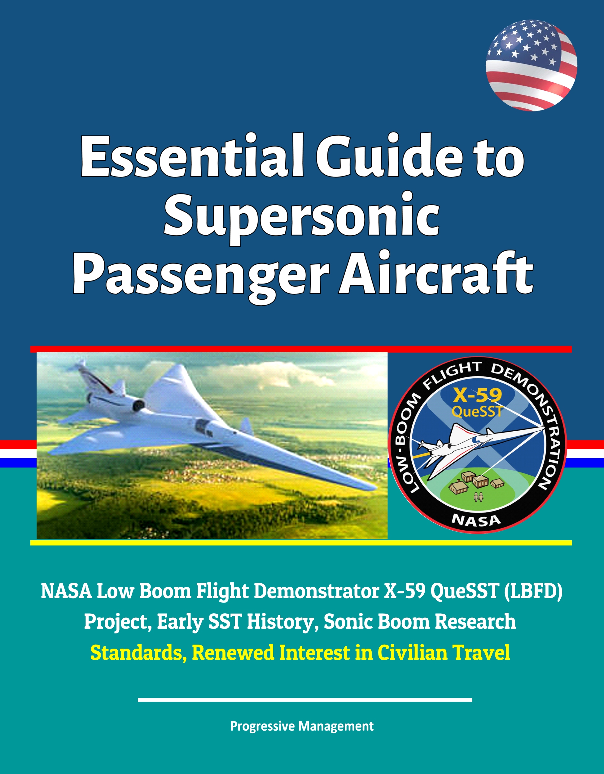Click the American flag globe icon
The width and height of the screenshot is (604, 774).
(x=531, y=65)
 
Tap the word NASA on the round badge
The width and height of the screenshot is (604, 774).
(x=476, y=521)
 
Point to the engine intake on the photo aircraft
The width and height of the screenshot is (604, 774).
(x=138, y=405)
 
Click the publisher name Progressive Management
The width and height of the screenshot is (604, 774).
(x=302, y=726)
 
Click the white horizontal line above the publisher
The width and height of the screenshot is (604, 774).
(x=305, y=700)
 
